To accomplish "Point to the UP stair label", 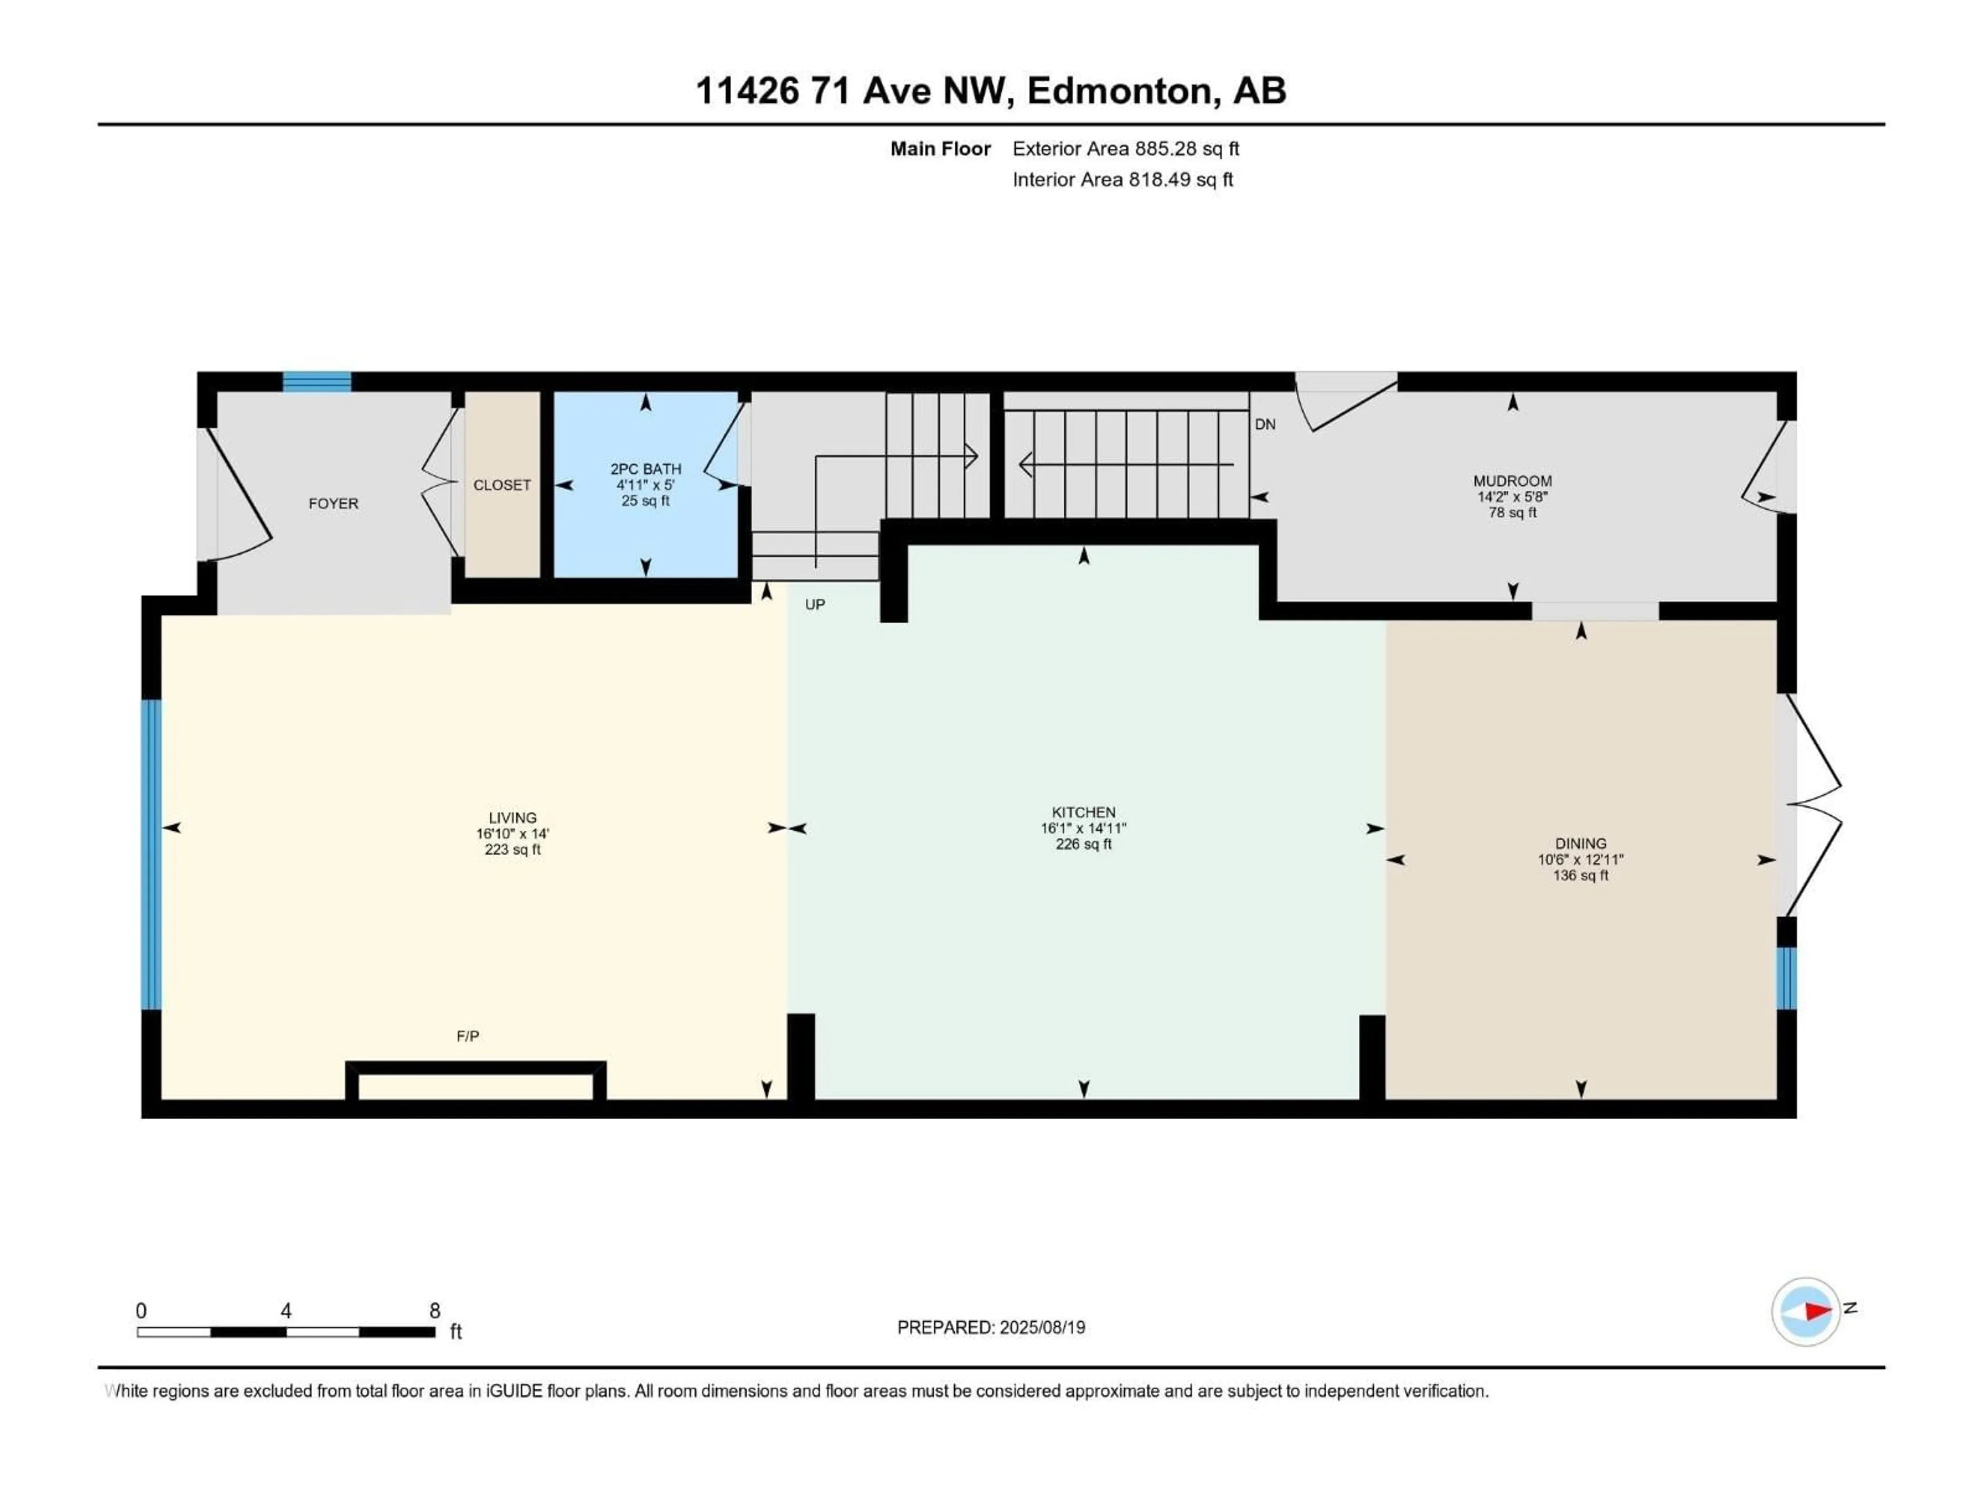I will click(814, 605).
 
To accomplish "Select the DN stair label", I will click(1265, 424).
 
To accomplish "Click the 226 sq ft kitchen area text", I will click(1083, 844).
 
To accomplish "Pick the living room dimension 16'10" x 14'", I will click(512, 834).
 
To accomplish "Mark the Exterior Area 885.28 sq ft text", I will click(1126, 149).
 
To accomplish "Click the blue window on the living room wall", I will click(151, 855).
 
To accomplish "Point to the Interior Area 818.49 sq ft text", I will click(1122, 179).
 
